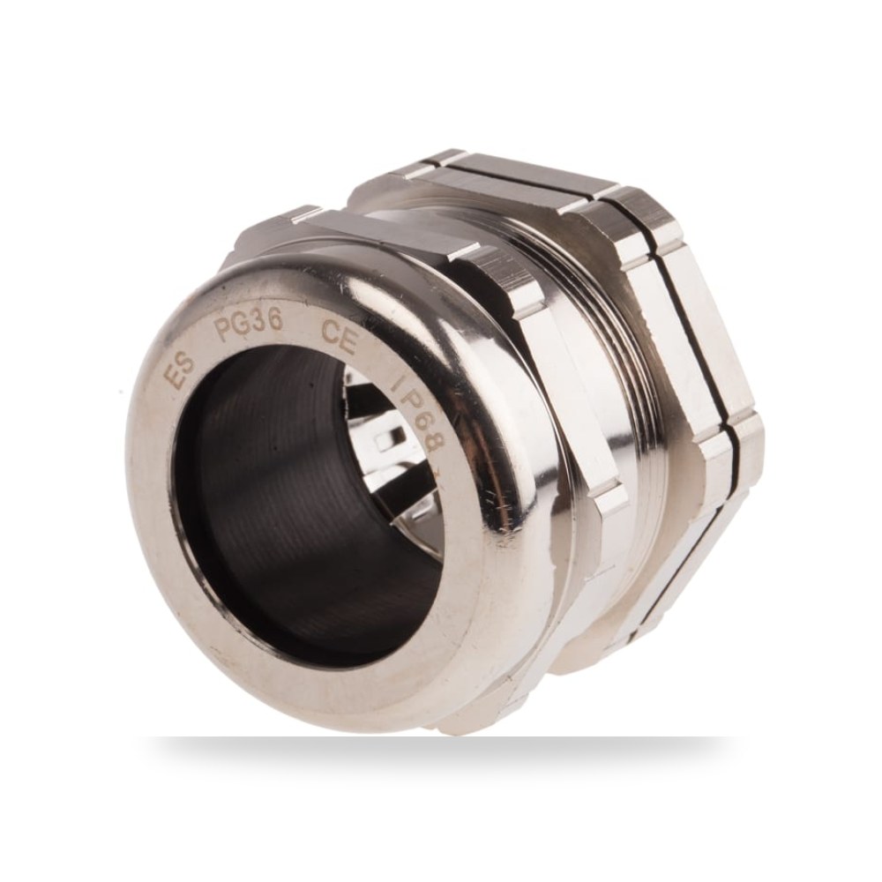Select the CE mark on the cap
click(339, 336)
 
